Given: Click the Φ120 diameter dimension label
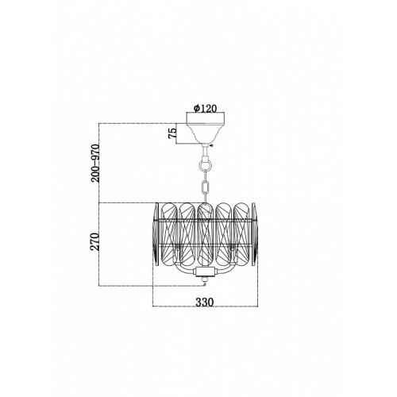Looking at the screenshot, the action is coord(205,108).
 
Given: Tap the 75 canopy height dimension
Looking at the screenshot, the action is coord(172,133).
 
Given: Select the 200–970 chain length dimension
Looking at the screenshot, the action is coord(95,163).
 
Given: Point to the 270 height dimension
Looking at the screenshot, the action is coord(95,241).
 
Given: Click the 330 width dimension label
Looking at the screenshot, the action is coord(204,302).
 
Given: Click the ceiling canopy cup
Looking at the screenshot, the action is coord(206,128).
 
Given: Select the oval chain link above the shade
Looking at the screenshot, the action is coord(206,187).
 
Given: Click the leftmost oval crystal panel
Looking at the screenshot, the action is coord(169,234).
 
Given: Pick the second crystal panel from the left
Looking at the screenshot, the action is coord(187,234).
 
